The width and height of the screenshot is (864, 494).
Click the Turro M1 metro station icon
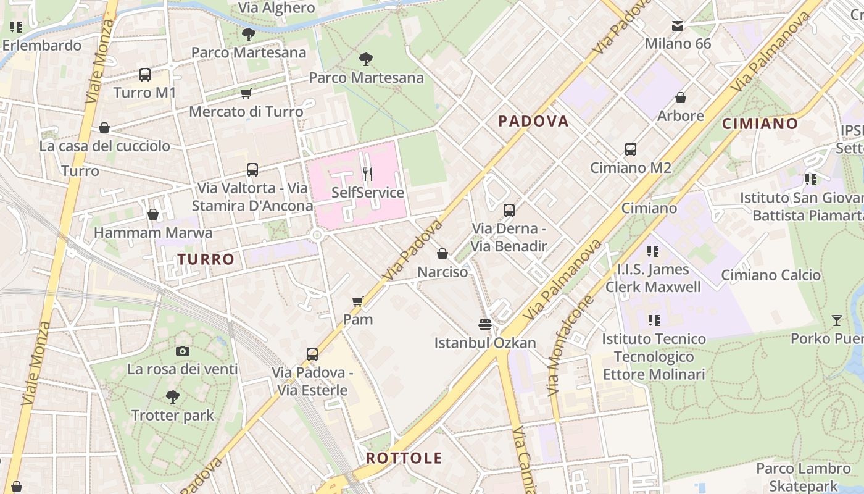[145, 75]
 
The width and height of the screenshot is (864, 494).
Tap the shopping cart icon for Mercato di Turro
[246, 94]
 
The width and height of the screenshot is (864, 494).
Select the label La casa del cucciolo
[104, 146]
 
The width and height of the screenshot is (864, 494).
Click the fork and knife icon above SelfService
[368, 174]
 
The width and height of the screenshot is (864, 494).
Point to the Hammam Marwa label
[152, 233]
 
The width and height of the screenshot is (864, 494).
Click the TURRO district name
[206, 259]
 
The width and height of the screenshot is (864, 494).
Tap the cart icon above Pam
[357, 302]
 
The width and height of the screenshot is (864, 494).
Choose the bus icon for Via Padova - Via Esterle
[312, 354]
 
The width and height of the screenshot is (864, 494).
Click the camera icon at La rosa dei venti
[182, 351]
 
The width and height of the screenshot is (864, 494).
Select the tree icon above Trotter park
[173, 397]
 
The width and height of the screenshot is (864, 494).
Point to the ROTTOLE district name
[404, 458]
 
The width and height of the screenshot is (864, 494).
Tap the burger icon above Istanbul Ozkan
[485, 325]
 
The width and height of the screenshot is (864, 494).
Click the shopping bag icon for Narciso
[442, 254]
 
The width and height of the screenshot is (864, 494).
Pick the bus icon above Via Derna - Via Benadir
[509, 211]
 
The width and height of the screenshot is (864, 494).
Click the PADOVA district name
[533, 121]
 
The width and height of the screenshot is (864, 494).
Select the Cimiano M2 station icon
[631, 149]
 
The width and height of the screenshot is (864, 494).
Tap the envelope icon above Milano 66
[678, 26]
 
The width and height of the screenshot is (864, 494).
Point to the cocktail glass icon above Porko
[836, 320]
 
